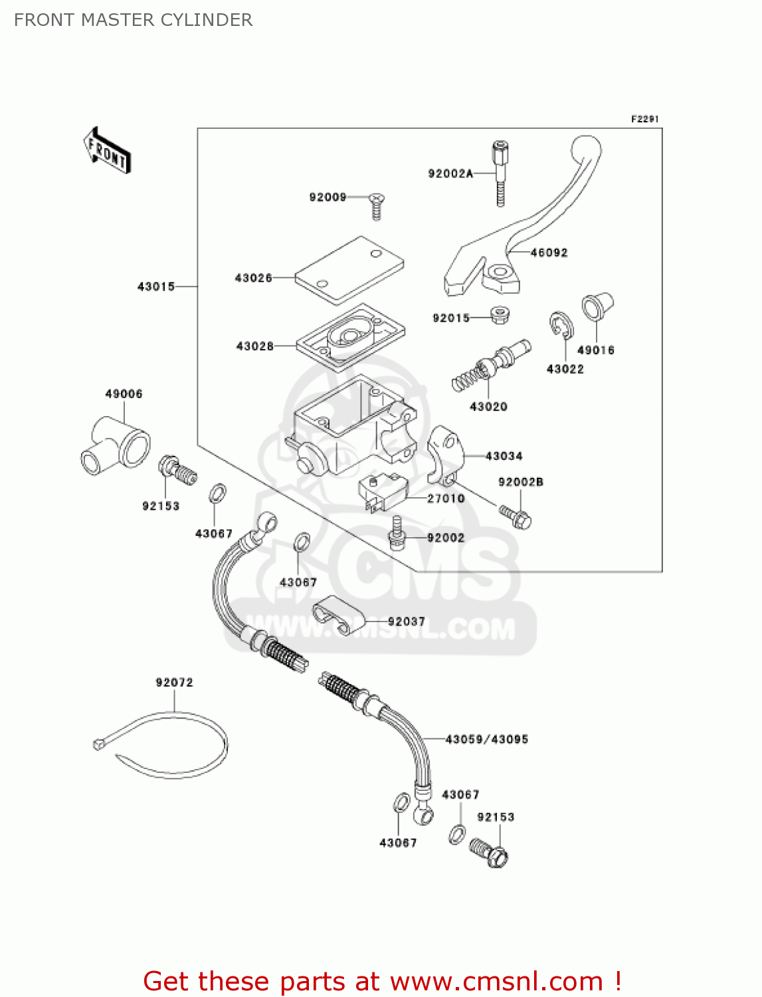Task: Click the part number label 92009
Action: pos(328,197)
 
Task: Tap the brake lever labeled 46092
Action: pos(531,219)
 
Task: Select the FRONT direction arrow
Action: pos(107,151)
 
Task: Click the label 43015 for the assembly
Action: pos(155,286)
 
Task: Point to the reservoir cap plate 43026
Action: pos(349,269)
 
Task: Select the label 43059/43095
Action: pos(486,739)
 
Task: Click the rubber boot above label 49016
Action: pos(597,307)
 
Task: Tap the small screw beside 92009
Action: pos(377,205)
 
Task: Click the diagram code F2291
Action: pos(644,119)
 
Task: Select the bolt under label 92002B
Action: pos(516,517)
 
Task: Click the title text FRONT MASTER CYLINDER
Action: pos(133,20)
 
